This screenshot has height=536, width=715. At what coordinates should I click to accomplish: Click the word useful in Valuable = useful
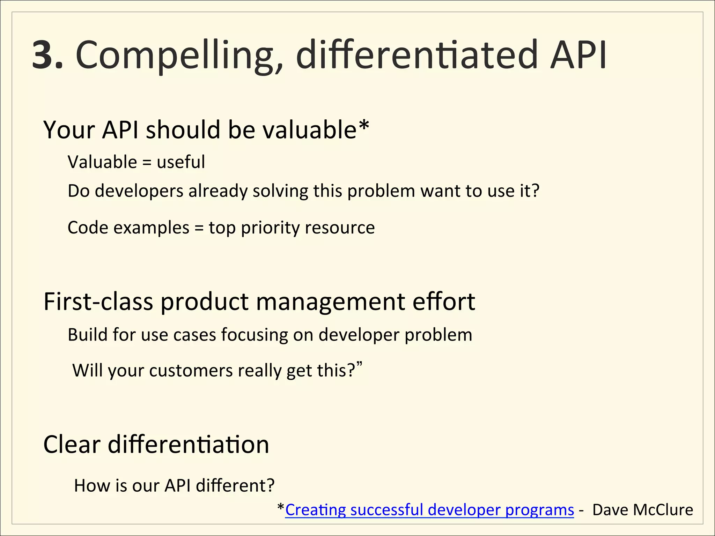[x=180, y=162]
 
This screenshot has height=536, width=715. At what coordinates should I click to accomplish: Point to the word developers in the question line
[x=139, y=191]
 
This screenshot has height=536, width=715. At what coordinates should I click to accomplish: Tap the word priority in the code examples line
[x=270, y=228]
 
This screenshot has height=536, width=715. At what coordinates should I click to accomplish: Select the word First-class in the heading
[x=98, y=301]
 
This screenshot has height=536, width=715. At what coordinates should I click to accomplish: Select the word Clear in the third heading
[x=72, y=445]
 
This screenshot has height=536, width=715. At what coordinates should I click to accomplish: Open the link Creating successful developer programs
[x=429, y=510]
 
